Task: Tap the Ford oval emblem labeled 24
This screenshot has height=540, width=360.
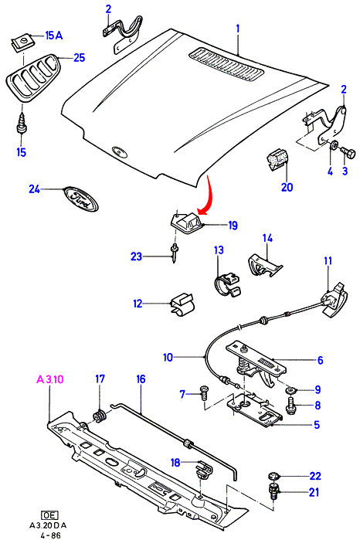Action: pos(80,199)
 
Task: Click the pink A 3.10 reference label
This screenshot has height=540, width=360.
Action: pos(50,379)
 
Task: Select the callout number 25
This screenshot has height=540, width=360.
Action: pos(80,57)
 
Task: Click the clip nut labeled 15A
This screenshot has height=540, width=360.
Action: pos(22,43)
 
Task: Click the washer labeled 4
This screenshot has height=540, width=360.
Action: pos(334,146)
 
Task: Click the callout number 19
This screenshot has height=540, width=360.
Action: pos(233,226)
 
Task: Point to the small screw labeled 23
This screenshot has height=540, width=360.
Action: pos(175,253)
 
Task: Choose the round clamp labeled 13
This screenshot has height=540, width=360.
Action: pos(227,284)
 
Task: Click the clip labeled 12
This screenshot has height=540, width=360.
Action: pos(182,304)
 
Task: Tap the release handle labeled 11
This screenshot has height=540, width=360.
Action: pos(335,299)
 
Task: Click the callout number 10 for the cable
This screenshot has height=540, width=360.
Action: pos(168,357)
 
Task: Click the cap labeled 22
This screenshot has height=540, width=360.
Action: pos(273,477)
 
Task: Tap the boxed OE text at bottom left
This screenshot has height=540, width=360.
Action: pos(49,515)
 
